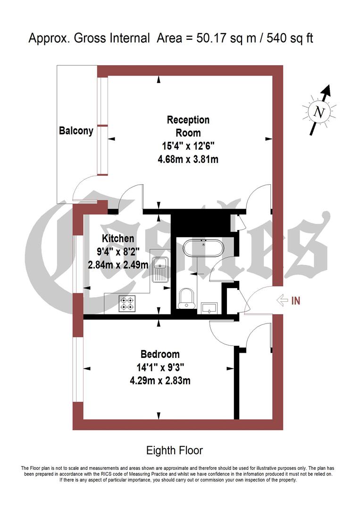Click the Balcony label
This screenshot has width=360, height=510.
click(76, 130)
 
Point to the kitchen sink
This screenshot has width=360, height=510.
click(160, 270)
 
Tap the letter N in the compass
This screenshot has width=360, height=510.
click(320, 112)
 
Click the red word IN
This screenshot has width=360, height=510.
click(296, 300)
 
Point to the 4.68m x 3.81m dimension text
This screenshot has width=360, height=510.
click(188, 159)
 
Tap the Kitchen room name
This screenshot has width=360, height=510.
click(118, 238)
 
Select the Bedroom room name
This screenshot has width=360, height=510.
click(160, 354)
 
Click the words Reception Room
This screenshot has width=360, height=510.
click(188, 126)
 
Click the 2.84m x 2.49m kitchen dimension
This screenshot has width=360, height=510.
click(118, 265)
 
